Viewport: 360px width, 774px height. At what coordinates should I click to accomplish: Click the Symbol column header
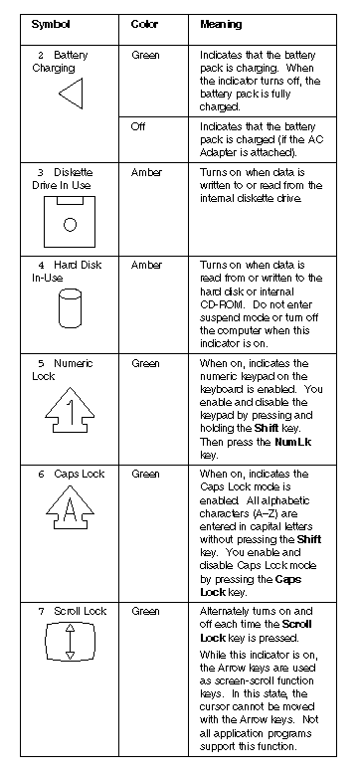click(51, 24)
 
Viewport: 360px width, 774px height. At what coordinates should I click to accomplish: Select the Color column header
click(144, 24)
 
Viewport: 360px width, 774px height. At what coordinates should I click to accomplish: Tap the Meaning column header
click(221, 24)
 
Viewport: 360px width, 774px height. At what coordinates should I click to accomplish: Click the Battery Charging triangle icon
click(71, 94)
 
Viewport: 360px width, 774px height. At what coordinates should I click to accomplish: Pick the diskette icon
click(70, 222)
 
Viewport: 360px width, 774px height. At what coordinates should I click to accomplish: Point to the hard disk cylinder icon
click(70, 308)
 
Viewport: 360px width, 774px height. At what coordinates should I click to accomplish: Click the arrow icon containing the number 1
click(70, 410)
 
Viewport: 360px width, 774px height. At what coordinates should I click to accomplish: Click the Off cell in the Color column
click(138, 127)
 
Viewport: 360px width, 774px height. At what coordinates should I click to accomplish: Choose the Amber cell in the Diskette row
click(146, 173)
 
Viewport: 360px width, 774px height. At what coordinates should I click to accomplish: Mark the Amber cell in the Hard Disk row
click(146, 265)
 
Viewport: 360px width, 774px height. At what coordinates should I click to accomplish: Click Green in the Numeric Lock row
click(145, 364)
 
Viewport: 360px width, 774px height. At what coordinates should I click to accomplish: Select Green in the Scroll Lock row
click(145, 611)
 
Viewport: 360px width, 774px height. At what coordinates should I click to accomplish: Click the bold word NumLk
click(293, 442)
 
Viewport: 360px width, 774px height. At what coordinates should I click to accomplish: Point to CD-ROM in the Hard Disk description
click(220, 304)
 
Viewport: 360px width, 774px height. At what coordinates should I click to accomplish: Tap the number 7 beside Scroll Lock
click(42, 612)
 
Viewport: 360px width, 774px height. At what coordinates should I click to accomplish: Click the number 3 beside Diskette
click(41, 173)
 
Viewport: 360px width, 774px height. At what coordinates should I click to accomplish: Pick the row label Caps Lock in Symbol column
click(80, 474)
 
